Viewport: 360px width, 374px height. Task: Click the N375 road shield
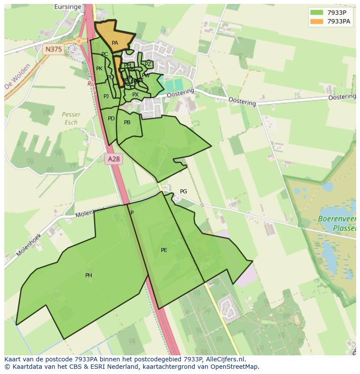53,50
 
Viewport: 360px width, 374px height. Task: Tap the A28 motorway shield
113,159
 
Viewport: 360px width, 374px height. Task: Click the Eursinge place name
68,7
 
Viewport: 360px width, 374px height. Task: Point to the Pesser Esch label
71,118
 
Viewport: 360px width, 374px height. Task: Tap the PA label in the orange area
115,43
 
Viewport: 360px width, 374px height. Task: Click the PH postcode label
89,275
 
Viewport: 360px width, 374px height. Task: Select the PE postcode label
164,250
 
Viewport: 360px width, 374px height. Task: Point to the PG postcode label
183,192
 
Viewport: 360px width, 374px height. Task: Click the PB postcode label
127,122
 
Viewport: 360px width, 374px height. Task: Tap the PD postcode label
111,119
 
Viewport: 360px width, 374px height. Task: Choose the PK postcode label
99,69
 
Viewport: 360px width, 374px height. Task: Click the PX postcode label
135,95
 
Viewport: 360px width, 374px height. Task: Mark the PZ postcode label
148,64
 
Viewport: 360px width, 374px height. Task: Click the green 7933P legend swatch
317,13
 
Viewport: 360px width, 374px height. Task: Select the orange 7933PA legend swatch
317,21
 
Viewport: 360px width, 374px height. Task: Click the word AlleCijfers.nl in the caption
224,359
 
